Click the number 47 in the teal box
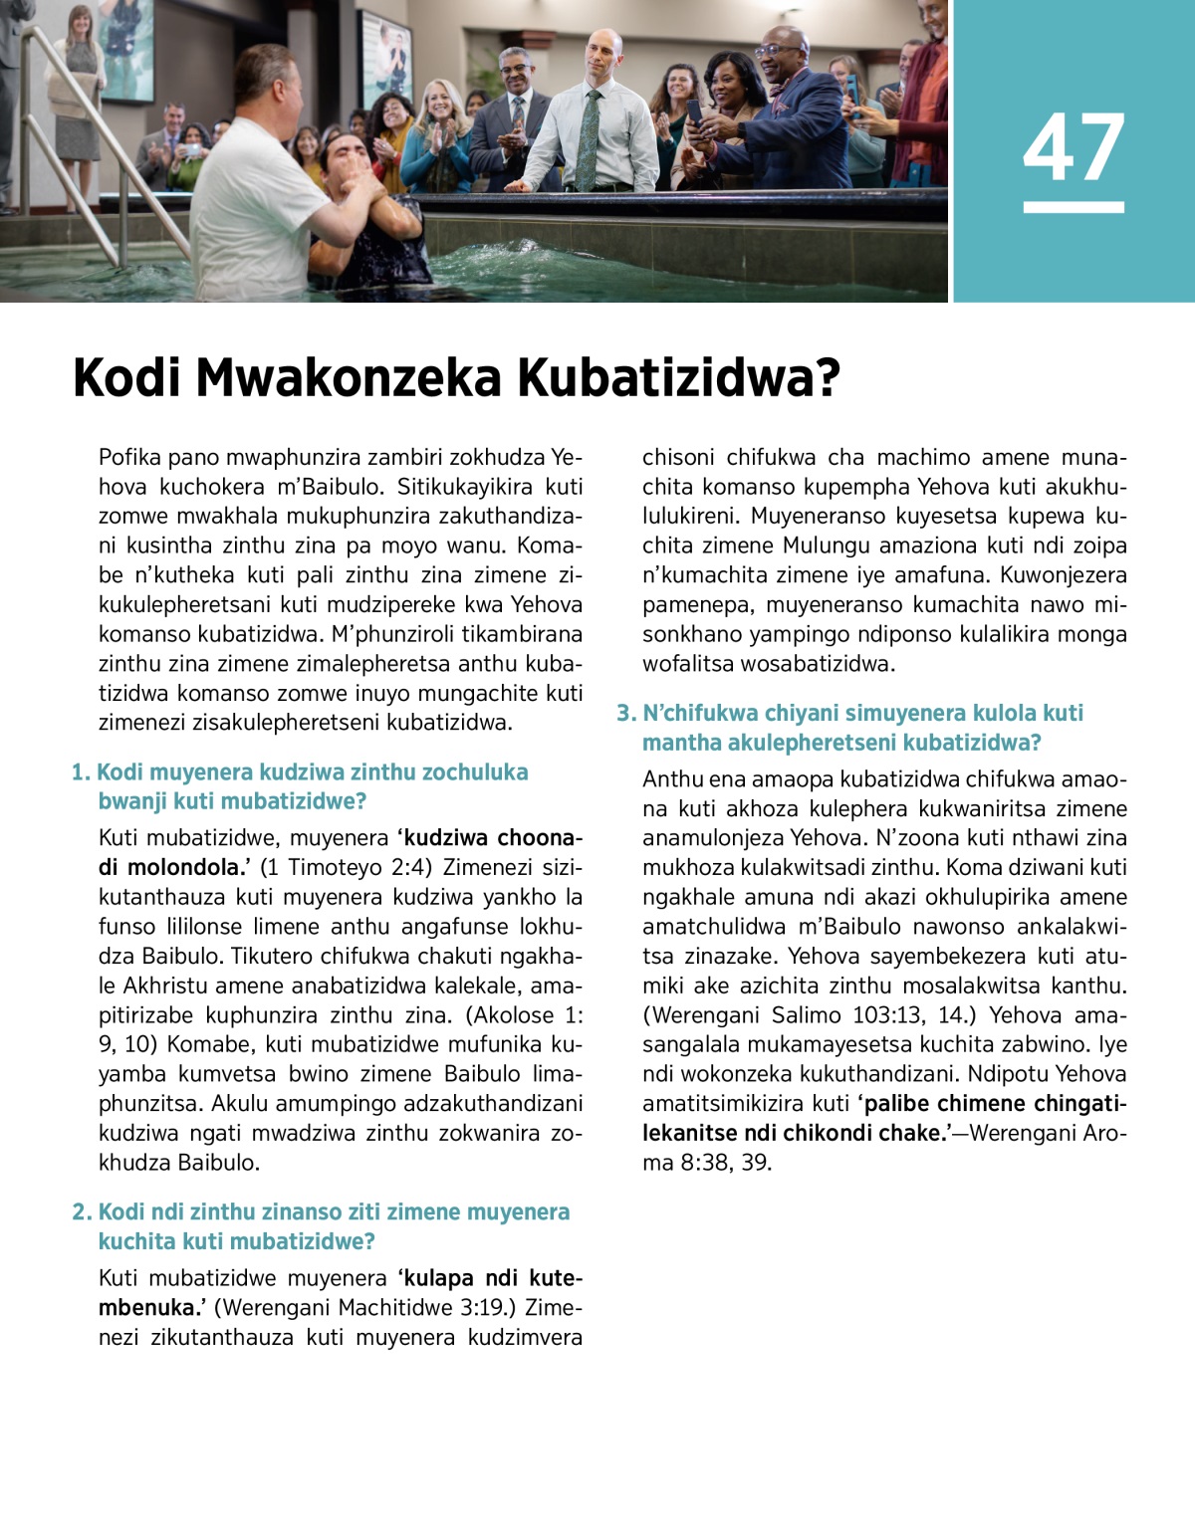(1074, 147)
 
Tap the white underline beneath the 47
(1074, 207)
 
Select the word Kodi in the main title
(126, 379)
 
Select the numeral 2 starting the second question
(80, 1212)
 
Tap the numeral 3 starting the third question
(623, 713)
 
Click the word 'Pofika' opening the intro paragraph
(130, 458)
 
